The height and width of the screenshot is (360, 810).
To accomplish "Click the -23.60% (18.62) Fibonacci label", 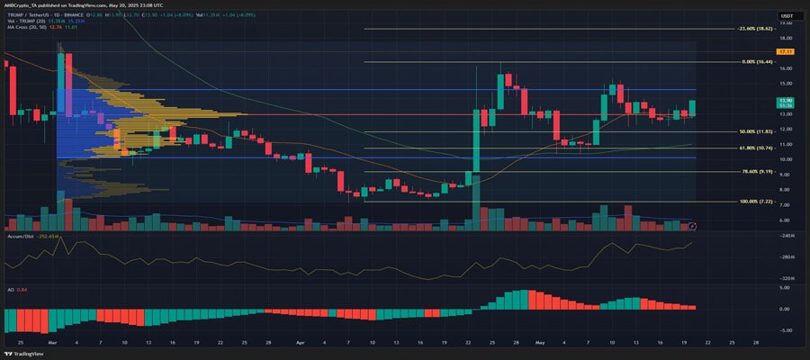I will [x=755, y=29].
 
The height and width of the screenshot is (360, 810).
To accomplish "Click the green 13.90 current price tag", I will [x=785, y=101].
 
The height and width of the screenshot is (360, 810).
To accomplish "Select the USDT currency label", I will [x=785, y=16].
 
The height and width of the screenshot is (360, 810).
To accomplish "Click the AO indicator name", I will [x=9, y=290].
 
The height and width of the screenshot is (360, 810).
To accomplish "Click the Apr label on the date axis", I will [x=299, y=343].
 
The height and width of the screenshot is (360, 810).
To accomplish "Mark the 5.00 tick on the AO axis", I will [x=785, y=288].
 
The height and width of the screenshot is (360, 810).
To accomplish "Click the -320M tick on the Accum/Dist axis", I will [x=785, y=278].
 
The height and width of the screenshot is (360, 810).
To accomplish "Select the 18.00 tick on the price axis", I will [x=785, y=38].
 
